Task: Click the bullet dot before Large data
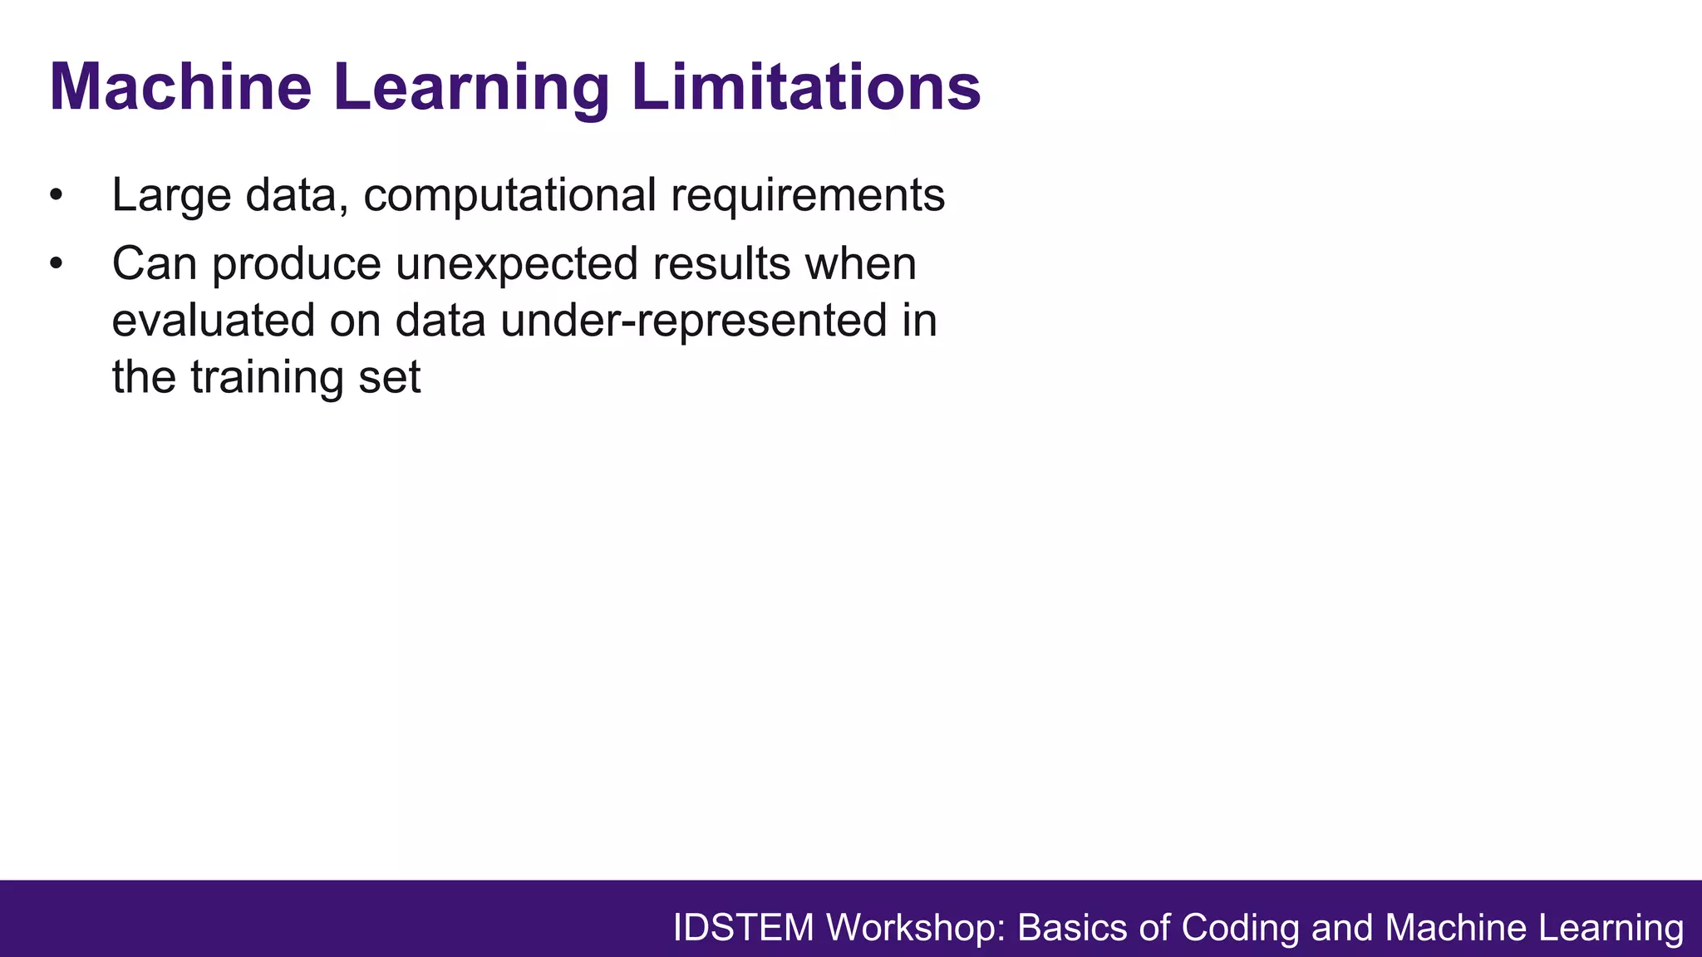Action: tap(56, 196)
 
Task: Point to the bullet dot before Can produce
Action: tap(56, 264)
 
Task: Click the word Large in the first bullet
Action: tap(171, 196)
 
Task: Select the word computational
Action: tap(509, 196)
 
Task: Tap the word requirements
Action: tap(807, 196)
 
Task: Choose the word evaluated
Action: tap(214, 321)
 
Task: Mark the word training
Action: tap(267, 377)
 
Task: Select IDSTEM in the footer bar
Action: tap(743, 928)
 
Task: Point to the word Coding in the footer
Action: tap(1240, 928)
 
